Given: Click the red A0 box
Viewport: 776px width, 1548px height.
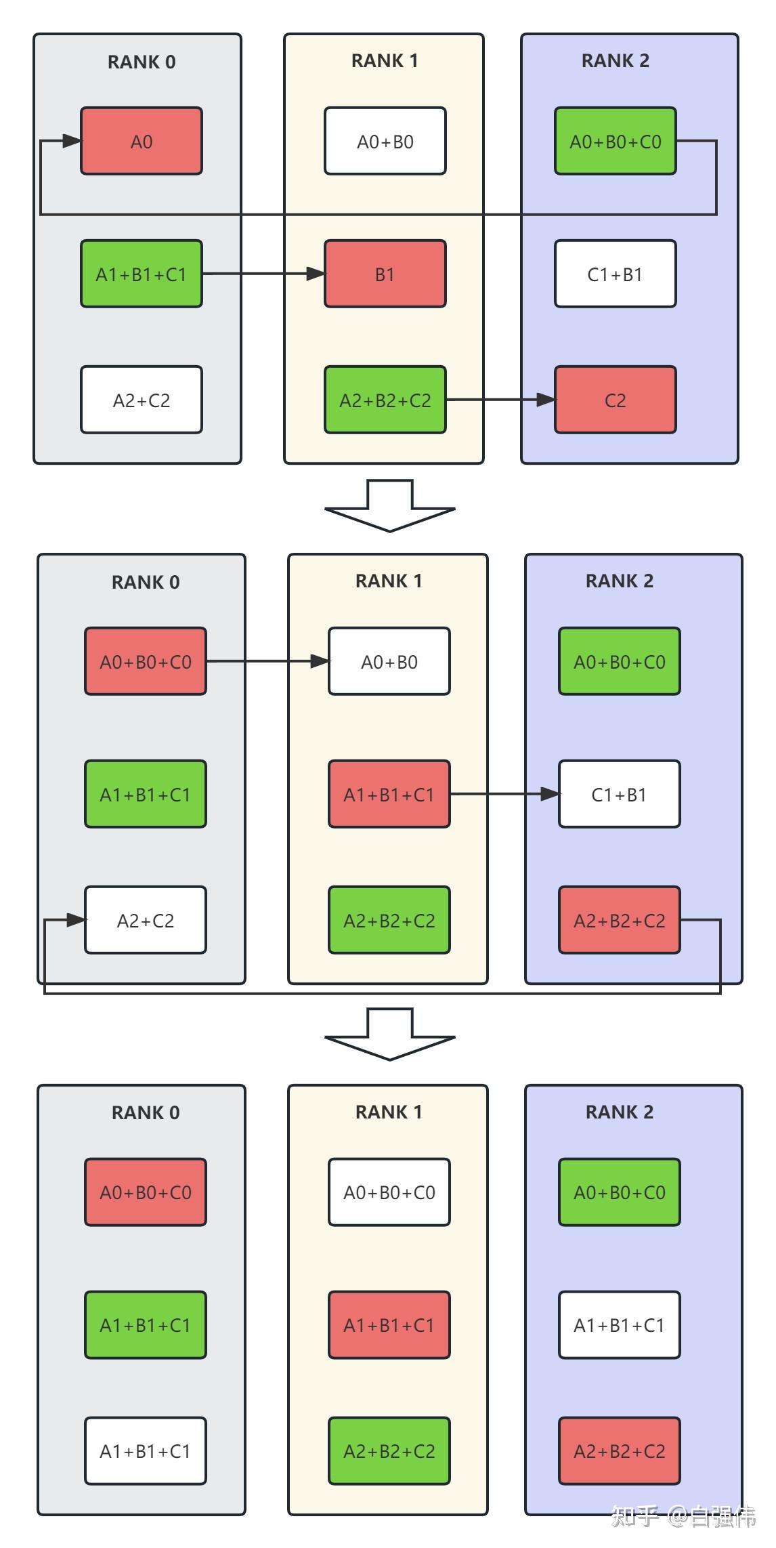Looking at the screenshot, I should (x=141, y=141).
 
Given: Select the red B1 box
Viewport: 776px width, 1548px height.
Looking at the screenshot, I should (x=385, y=274).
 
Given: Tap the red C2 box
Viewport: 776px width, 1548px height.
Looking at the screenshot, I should (x=615, y=400).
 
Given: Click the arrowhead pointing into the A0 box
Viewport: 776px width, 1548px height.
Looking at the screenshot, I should (x=72, y=141).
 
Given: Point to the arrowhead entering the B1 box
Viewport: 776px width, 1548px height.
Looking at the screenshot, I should (x=316, y=274).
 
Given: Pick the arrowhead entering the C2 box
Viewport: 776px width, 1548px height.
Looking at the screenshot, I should (x=546, y=400).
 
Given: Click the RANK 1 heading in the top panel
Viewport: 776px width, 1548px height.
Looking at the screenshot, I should (x=384, y=61).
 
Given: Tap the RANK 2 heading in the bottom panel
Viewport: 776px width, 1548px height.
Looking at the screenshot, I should (x=619, y=1112).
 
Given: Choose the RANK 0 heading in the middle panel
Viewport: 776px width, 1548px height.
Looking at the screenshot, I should (x=145, y=582).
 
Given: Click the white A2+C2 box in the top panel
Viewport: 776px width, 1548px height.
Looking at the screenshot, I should (x=141, y=400).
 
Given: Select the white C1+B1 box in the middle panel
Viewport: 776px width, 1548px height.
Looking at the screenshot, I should (x=619, y=794).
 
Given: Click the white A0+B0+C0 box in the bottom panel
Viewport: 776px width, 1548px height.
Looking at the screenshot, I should (x=389, y=1192).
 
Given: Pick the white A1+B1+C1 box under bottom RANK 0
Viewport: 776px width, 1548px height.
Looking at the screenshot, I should (x=145, y=1451).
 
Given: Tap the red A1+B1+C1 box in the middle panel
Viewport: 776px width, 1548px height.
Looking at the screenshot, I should (x=389, y=794).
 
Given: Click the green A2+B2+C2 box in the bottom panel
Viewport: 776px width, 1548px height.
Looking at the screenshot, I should (x=389, y=1451).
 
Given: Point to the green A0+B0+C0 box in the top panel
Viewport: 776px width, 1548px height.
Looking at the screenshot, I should (x=615, y=141).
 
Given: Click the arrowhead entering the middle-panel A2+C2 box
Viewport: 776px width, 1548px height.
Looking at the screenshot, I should (x=76, y=920).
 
